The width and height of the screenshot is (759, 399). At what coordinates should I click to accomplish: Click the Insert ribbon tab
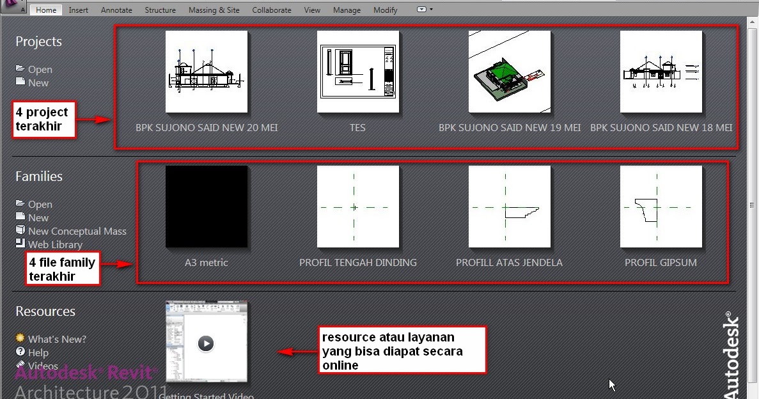coord(79,10)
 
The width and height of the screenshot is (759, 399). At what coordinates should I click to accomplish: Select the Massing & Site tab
coord(214,10)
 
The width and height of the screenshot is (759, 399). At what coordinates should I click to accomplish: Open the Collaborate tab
coord(271,10)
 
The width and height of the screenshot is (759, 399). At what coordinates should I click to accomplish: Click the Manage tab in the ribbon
coord(347,10)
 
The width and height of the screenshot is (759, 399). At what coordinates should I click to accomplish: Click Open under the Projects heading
coord(40,70)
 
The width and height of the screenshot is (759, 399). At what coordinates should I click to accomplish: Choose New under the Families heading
coord(38,218)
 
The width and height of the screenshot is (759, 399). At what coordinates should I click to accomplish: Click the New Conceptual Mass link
coord(77,231)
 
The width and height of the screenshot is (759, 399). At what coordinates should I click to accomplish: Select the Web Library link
coord(55,245)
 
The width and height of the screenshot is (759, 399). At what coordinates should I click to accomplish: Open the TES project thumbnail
coord(358,72)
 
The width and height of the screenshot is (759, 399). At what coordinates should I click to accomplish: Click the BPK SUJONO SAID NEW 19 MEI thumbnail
coord(510,72)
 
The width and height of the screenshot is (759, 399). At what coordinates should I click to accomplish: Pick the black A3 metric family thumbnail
coord(207,207)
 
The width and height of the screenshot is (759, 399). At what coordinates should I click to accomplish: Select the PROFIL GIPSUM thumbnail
coord(661,207)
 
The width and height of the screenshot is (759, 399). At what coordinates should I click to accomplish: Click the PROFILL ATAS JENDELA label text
coord(509,263)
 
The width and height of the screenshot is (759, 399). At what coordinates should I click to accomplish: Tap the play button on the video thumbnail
coord(205,343)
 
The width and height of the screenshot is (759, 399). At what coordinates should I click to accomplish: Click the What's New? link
coord(57,340)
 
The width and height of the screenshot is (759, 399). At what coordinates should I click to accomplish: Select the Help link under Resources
coord(38,353)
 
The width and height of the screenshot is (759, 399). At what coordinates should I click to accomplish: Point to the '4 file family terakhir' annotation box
coord(63,269)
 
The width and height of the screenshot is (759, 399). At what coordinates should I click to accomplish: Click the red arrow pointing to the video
coord(294,352)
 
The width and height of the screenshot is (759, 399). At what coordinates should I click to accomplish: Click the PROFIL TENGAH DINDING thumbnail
coord(358,207)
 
